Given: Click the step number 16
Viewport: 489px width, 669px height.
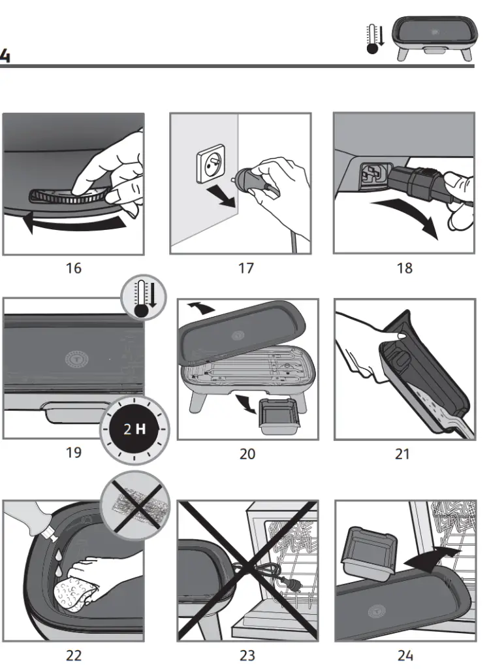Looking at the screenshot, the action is pos(73,268).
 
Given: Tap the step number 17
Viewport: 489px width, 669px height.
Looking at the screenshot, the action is pos(245,268).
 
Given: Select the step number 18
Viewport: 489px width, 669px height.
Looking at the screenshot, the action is pos(405,268).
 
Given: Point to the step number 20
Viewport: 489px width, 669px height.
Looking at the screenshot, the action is pos(247,453).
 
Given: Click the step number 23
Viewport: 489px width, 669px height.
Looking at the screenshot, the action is pos(247,655).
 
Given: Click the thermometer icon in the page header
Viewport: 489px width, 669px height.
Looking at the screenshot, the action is pos(375,40).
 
